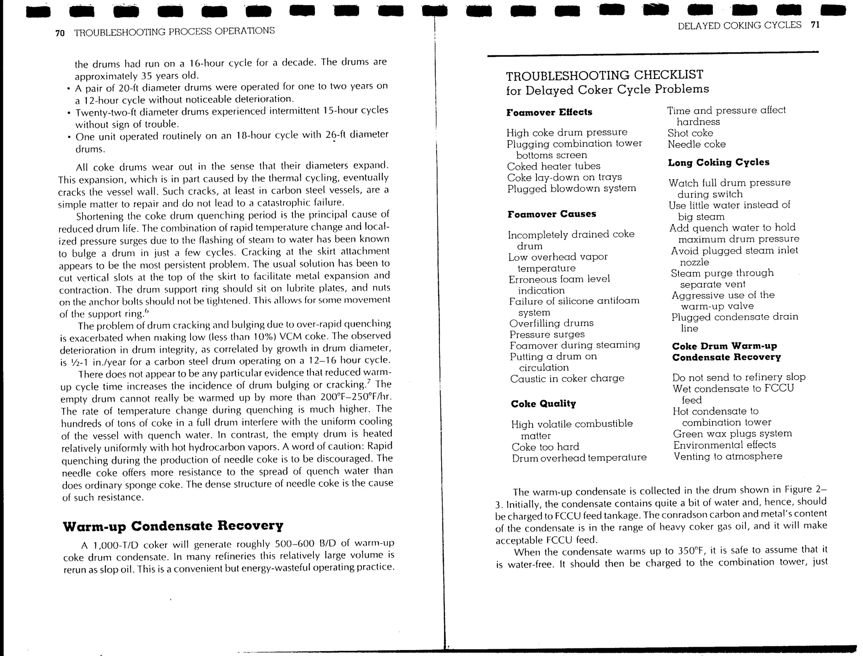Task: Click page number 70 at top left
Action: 60,33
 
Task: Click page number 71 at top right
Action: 815,25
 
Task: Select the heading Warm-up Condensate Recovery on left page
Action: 173,526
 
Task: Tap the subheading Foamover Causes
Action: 552,214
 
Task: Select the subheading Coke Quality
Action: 543,404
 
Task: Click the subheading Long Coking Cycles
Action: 718,162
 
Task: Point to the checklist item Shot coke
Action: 690,133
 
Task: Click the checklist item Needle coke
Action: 697,145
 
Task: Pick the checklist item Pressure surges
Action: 547,334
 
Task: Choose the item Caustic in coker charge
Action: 567,379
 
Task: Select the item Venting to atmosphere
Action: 727,456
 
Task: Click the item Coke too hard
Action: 545,447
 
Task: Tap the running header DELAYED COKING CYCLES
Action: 740,25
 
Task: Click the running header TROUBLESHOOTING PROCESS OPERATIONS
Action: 174,31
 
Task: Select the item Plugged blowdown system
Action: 571,188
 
